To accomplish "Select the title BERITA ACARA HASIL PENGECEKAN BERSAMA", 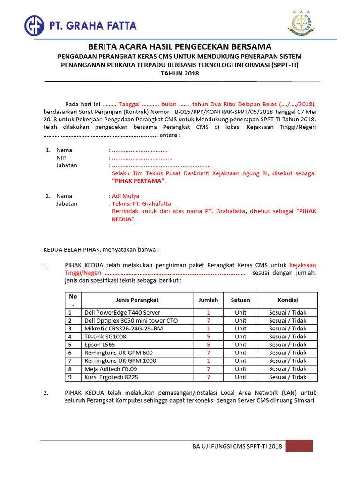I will tap(180, 46).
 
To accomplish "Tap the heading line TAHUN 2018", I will tap(180, 74).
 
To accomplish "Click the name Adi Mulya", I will tap(125, 196).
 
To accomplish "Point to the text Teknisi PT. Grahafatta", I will tap(141, 204).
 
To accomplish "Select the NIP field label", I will tap(61, 158).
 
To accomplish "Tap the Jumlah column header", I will tap(208, 300).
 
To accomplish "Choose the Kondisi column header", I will tap(287, 300).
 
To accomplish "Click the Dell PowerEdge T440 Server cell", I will tap(122, 313).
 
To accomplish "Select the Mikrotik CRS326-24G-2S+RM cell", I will tap(123, 329).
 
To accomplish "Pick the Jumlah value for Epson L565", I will tap(208, 345).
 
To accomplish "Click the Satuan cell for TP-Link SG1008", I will tap(240, 337).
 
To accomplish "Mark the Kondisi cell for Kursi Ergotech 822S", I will tap(287, 377).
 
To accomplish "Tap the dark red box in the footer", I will tap(299, 446).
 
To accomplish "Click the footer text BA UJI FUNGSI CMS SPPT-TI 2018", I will tap(237, 447).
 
